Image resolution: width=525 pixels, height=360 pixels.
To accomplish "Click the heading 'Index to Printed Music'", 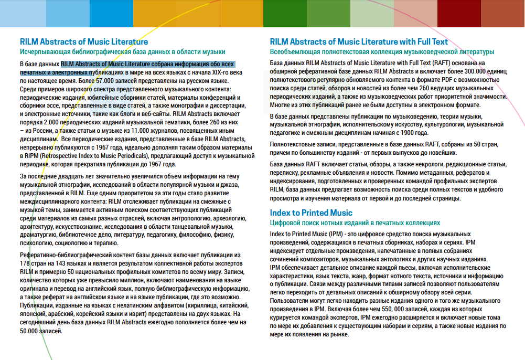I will pos(311,213).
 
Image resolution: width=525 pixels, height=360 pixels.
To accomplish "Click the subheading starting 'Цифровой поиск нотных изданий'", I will pos(355,223).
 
